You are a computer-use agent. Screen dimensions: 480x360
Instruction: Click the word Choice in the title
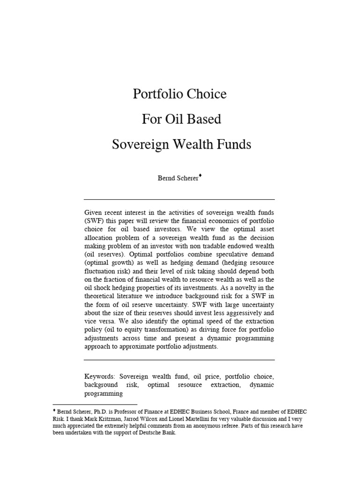[x=206, y=94]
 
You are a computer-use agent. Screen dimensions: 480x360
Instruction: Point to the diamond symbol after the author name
[x=201, y=176]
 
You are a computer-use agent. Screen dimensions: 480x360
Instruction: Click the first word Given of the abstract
[x=94, y=212]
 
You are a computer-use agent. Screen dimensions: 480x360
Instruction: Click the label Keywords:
[x=100, y=376]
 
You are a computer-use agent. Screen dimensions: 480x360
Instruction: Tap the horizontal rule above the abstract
[x=180, y=200]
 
